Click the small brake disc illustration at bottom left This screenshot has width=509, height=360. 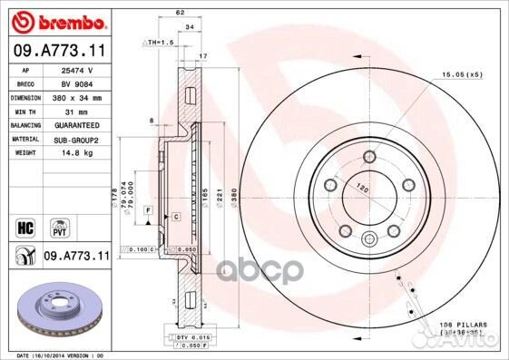click(x=56, y=309)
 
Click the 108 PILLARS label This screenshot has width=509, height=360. click(x=464, y=324)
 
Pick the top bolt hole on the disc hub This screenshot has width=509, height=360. click(x=368, y=159)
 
